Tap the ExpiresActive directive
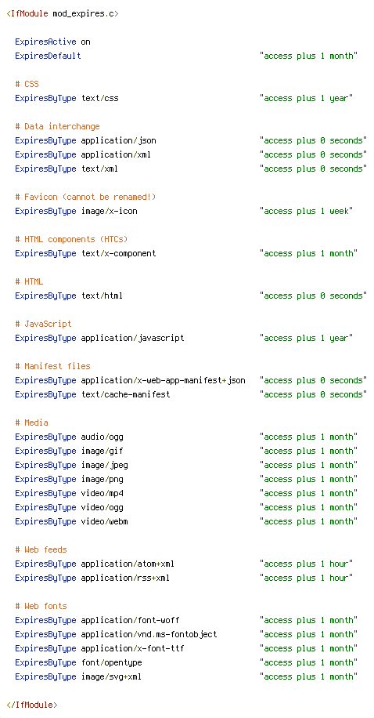click(45, 42)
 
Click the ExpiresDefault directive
click(48, 56)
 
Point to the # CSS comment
click(27, 84)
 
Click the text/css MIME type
click(99, 99)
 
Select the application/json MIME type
click(118, 140)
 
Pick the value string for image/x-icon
click(307, 211)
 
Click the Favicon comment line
click(85, 198)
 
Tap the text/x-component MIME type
click(118, 254)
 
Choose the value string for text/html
click(313, 296)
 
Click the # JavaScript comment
click(44, 325)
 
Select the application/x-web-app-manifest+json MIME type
click(164, 380)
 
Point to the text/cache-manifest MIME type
click(126, 395)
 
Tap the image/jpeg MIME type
click(104, 466)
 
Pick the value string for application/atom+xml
click(307, 564)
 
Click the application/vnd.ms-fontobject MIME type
click(149, 635)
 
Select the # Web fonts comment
click(41, 606)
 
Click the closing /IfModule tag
click(31, 705)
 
